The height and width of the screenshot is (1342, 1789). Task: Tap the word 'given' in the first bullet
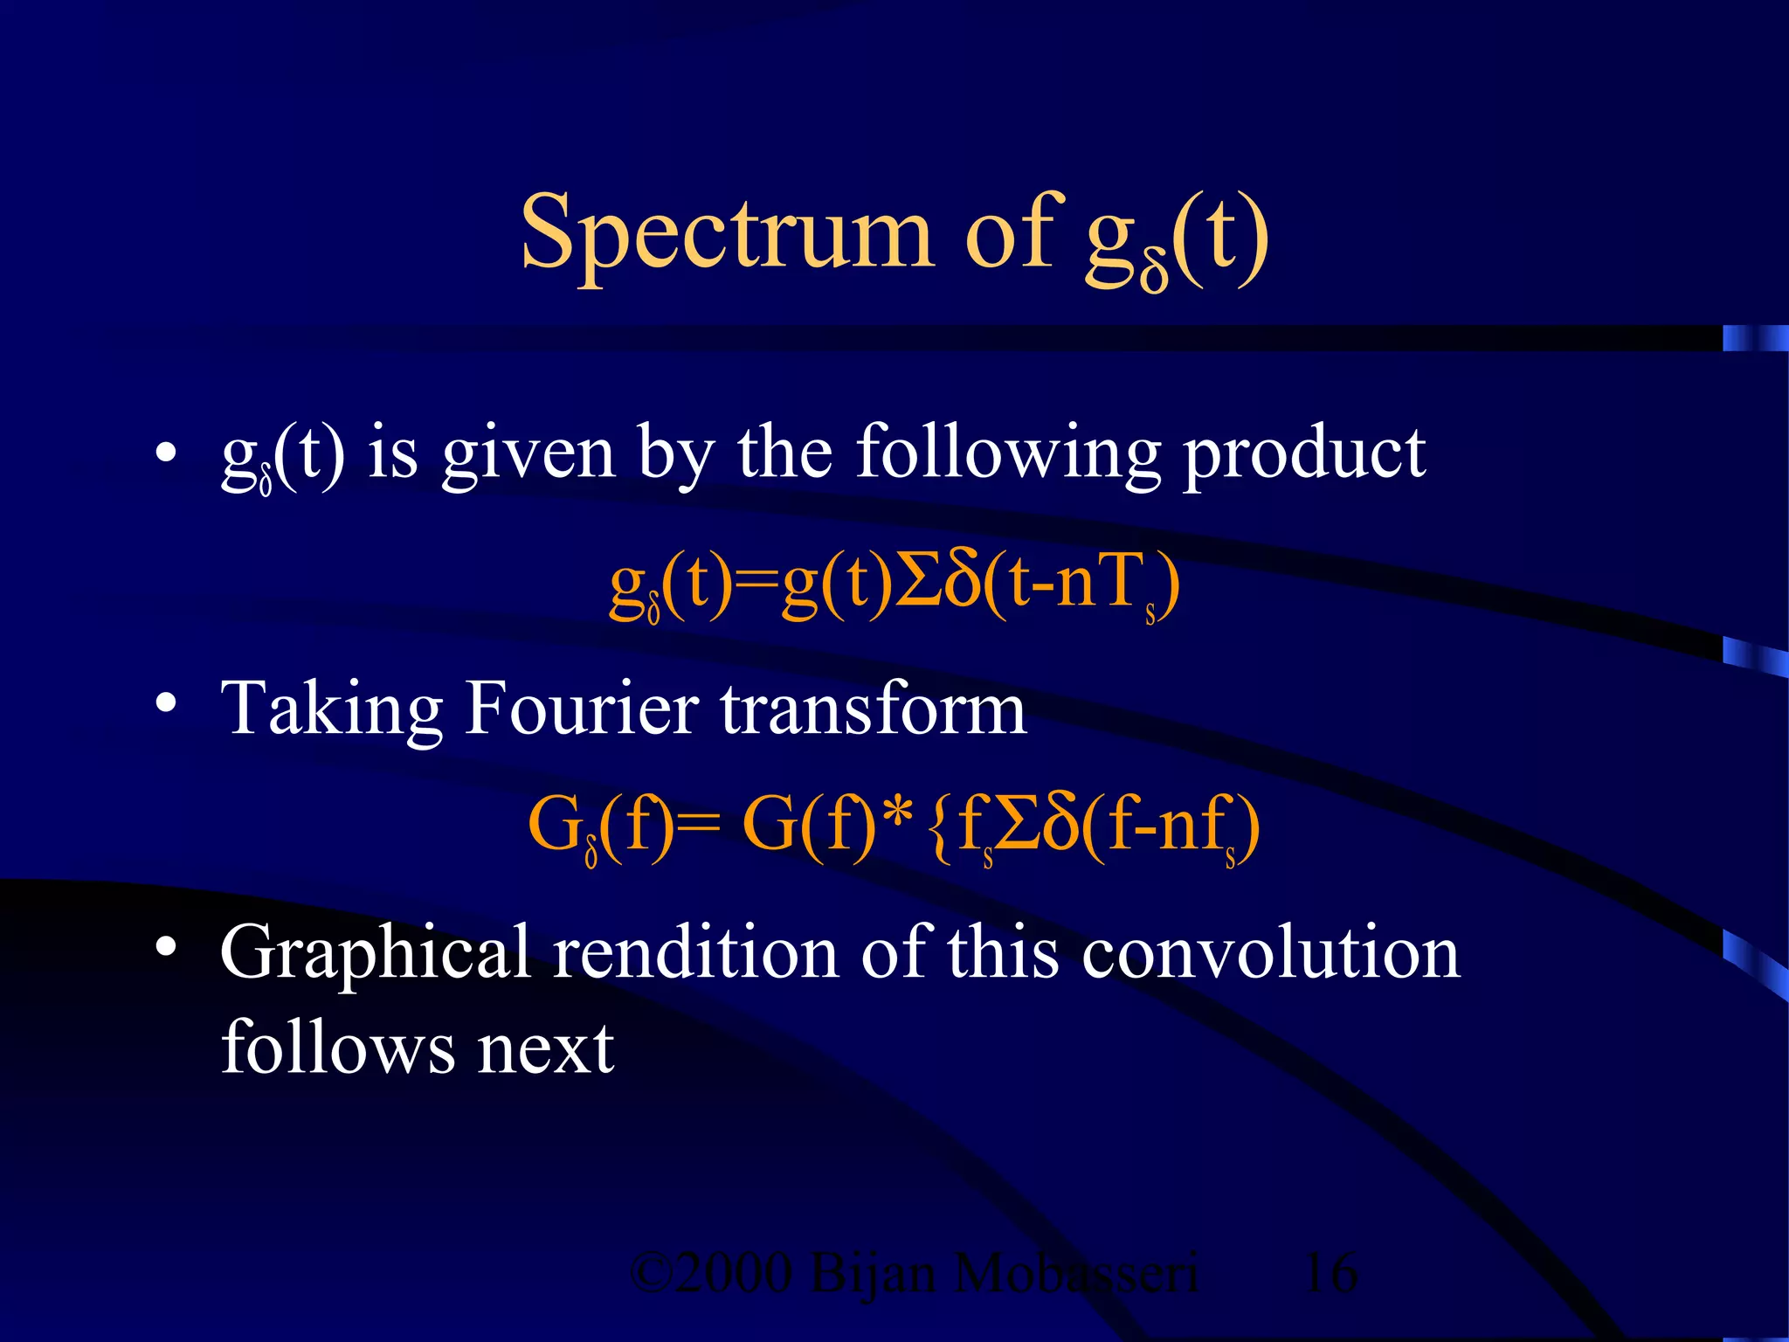(x=528, y=454)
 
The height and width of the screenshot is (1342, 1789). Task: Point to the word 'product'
(x=1304, y=454)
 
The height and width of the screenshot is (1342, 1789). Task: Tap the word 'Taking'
(x=332, y=709)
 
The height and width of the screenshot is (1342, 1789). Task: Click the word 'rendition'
(x=696, y=952)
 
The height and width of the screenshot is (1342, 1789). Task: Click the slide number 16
(x=1330, y=1273)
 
